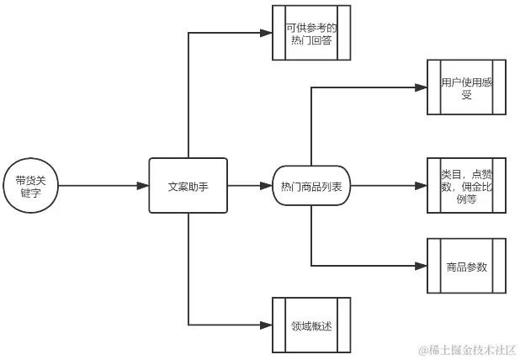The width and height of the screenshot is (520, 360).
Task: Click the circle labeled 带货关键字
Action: (31, 186)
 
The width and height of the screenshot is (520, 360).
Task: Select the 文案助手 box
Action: (188, 186)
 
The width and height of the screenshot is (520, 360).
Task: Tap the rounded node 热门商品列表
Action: (311, 186)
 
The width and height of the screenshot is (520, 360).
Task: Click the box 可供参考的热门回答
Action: (310, 34)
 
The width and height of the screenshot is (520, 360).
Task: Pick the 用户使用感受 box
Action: (466, 87)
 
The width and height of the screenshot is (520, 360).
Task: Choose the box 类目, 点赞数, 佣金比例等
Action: (466, 186)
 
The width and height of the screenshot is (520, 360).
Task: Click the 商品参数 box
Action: (466, 267)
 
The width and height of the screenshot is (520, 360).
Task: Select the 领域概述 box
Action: (310, 325)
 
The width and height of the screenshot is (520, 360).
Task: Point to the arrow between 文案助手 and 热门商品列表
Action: (250, 186)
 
